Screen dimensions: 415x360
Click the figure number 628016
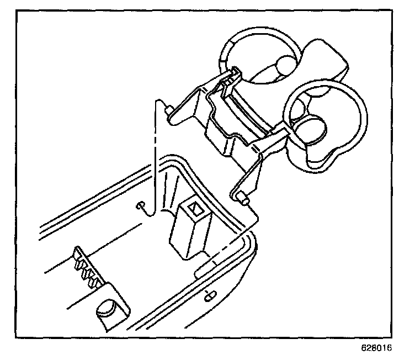click(x=376, y=348)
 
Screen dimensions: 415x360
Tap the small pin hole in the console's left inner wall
click(x=141, y=206)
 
